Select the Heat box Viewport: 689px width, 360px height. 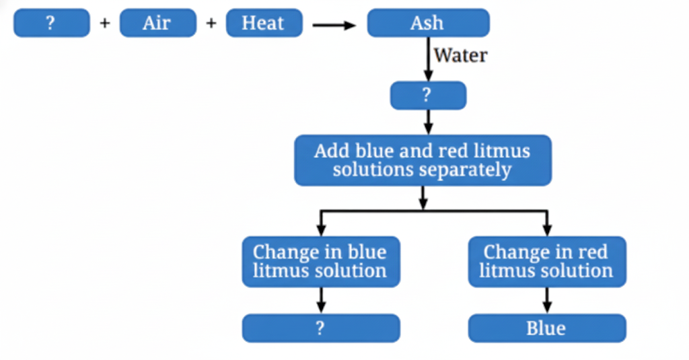(x=263, y=24)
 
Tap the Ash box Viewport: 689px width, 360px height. (x=428, y=24)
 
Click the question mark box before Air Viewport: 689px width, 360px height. (x=51, y=24)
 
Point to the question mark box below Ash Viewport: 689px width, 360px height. (x=428, y=96)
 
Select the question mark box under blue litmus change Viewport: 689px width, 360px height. (x=321, y=328)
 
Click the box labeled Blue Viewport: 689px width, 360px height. (x=546, y=328)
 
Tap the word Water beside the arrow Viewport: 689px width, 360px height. (x=460, y=55)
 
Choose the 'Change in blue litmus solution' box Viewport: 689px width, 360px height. (x=321, y=262)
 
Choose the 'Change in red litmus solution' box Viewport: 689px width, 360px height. (x=546, y=262)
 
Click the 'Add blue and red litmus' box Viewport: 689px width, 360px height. (x=423, y=160)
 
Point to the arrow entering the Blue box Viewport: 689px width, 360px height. (x=546, y=300)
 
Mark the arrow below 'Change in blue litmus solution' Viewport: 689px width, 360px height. (x=321, y=300)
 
